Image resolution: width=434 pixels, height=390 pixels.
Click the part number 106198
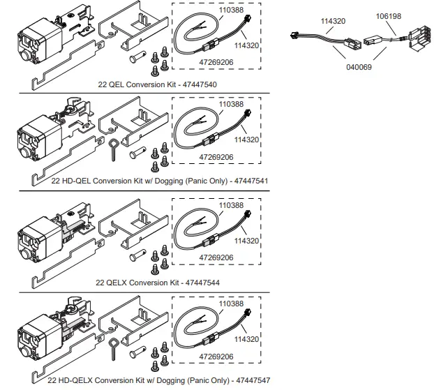coord(389,15)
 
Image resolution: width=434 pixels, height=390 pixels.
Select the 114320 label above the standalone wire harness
coord(333,22)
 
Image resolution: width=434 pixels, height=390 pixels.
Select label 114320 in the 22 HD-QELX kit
coord(246,338)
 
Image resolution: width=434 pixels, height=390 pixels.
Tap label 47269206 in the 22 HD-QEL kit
coord(216,157)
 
